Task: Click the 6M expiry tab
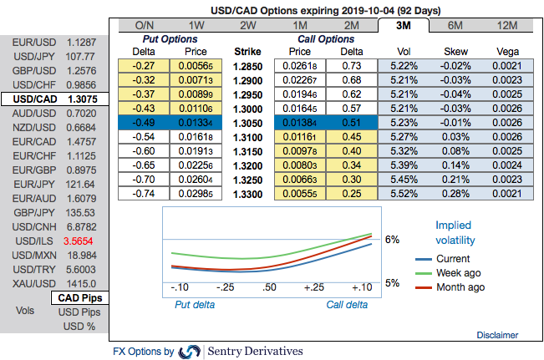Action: coord(456,25)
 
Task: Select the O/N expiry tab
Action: coord(143,25)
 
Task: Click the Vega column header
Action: coord(508,51)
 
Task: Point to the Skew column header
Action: coord(456,51)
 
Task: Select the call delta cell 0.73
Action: coord(352,64)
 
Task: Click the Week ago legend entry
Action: coord(458,273)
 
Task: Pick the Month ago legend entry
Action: coord(458,287)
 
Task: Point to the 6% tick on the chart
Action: coord(392,239)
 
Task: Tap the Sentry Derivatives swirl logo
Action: coord(190,352)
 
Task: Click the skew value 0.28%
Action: coord(456,193)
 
